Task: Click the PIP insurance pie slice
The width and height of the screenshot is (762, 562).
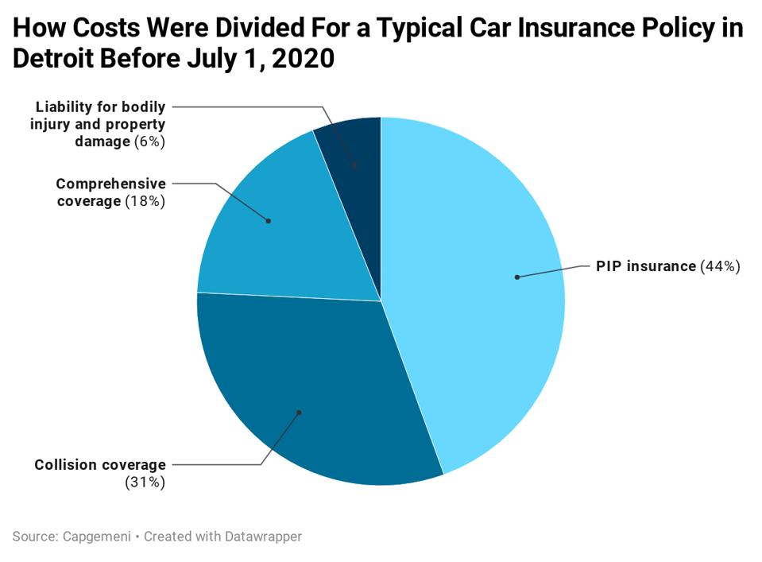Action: coord(477,318)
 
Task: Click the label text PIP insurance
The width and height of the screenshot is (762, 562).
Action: coord(645,266)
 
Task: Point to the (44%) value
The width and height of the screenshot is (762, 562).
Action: coord(720,266)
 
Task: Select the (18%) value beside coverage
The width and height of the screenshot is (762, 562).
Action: coord(145,201)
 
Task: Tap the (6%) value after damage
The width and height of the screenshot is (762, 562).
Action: coord(150,141)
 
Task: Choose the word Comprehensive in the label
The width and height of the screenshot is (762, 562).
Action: coord(110,184)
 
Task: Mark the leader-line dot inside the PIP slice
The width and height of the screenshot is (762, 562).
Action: coord(516,277)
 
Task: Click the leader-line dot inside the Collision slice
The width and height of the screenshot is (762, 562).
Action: coord(299,412)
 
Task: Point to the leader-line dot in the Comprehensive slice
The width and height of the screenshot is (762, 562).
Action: coord(268,220)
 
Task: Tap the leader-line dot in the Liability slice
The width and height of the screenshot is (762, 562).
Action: coord(354,166)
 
